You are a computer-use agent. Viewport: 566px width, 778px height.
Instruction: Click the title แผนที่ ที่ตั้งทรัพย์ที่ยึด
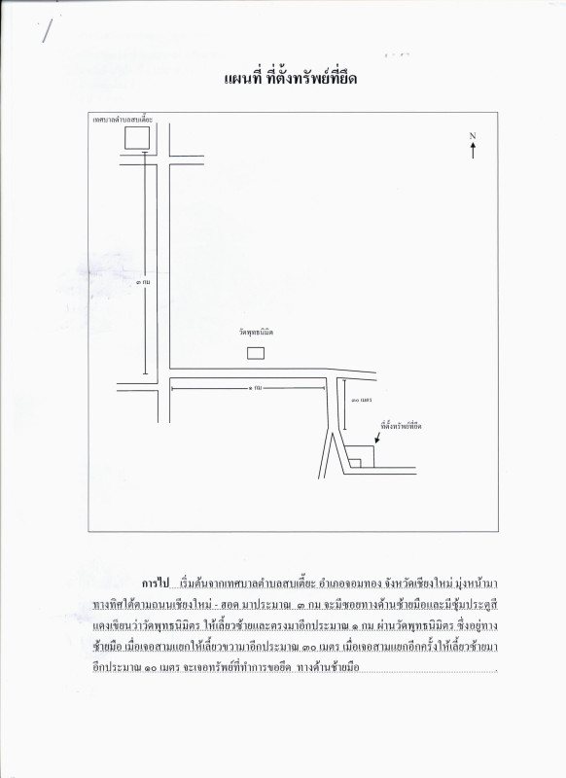click(x=283, y=79)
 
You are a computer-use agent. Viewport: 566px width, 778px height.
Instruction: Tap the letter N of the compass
click(x=472, y=135)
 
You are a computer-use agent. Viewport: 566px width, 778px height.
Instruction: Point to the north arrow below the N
click(x=473, y=151)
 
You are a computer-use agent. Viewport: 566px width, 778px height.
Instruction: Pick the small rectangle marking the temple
click(x=256, y=351)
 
